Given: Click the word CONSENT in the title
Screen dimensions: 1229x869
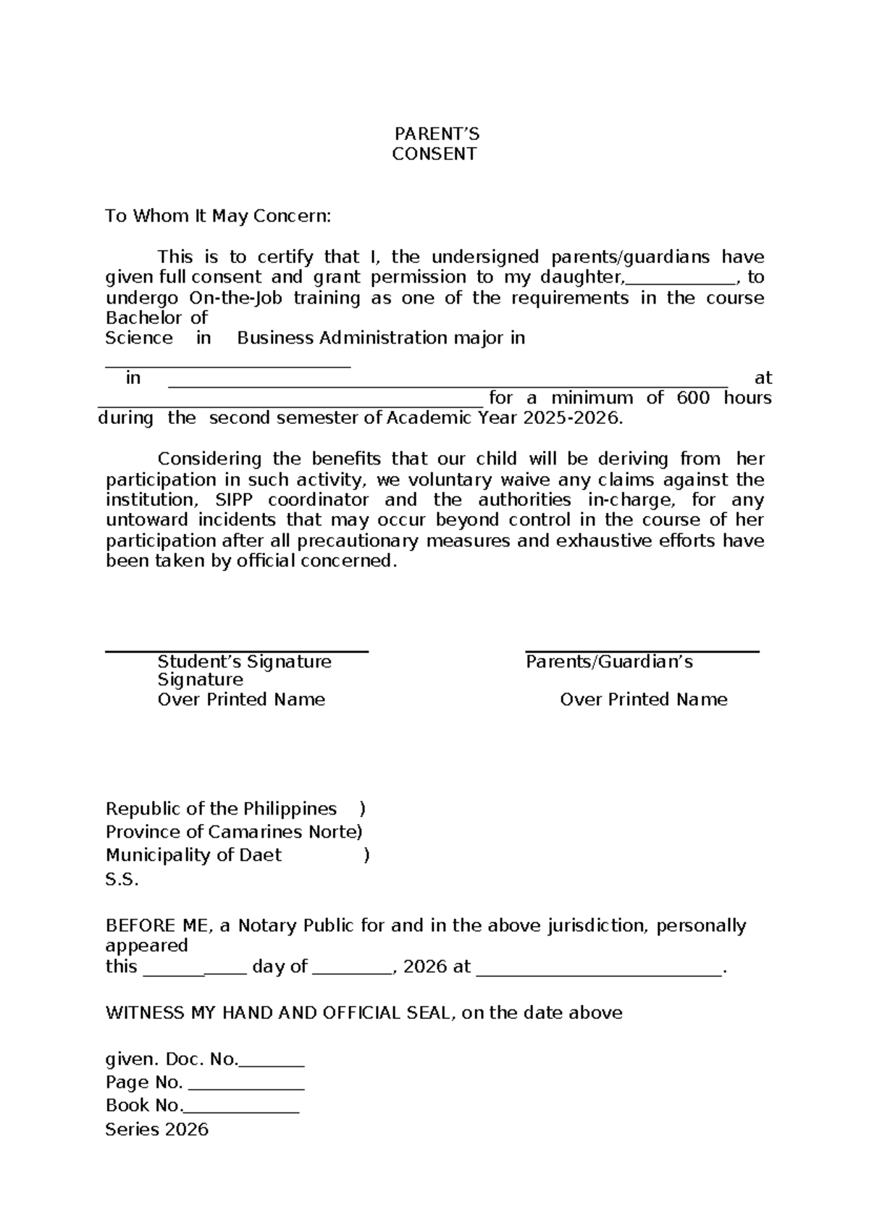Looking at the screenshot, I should click(x=434, y=154).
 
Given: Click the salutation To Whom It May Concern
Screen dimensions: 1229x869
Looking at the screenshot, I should click(x=218, y=216).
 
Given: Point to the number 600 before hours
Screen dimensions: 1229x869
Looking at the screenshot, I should click(x=693, y=397).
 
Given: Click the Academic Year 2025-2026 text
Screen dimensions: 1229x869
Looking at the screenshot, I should click(x=504, y=418).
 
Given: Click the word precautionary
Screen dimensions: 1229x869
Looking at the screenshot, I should click(x=358, y=541).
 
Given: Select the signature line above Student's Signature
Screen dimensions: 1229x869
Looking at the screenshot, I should click(x=237, y=651).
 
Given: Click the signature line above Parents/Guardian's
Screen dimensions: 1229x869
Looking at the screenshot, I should click(x=642, y=651).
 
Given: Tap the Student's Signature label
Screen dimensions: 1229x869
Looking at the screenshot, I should click(x=245, y=662).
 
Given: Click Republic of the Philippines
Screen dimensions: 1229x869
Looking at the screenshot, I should click(x=221, y=809).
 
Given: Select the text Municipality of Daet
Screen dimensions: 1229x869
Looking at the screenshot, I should click(x=193, y=855).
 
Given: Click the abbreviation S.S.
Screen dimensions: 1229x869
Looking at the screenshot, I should click(x=122, y=880).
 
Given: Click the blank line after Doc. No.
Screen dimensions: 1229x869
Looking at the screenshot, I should click(x=272, y=1065).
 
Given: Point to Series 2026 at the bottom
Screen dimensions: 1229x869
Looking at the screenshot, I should click(x=156, y=1129).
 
